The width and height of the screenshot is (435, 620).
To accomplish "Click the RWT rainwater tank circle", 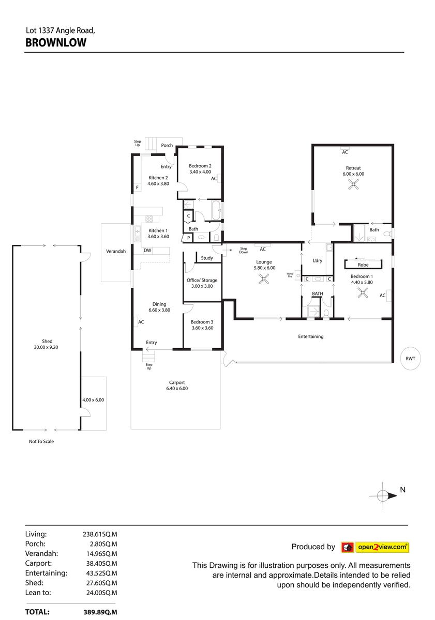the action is point(410,359).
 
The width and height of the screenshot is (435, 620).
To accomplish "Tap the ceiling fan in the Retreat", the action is point(353,184).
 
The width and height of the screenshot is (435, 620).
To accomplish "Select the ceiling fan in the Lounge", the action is point(263,278).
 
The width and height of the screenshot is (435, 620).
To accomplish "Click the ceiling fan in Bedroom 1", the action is point(363,292).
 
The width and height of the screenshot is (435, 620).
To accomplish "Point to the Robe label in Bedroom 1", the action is point(363,265).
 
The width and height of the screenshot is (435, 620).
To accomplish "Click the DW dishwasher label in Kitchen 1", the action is point(147,250).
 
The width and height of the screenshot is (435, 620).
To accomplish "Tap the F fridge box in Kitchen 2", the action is point(137,188).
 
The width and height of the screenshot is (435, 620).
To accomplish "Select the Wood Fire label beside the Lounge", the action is point(290,275).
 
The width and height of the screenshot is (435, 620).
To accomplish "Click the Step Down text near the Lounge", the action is point(244,250).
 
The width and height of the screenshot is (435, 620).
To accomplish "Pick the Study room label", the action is point(207,258).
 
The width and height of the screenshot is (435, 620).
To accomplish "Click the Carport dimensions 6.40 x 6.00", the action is point(177,389).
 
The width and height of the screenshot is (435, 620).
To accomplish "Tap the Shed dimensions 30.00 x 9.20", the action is point(46,347).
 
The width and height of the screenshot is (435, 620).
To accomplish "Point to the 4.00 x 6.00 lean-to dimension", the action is point(93,400).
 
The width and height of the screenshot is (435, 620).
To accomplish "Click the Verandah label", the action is point(116,251).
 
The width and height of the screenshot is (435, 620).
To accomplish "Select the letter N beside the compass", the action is point(402,490).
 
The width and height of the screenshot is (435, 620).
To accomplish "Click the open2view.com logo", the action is point(375,547).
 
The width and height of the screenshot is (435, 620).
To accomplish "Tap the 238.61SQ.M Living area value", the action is point(100,534).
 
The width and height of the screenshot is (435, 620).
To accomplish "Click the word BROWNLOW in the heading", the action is point(56,42).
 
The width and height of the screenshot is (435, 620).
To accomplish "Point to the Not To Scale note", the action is point(41,441).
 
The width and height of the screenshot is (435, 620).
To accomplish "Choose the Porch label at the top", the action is point(167,145).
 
